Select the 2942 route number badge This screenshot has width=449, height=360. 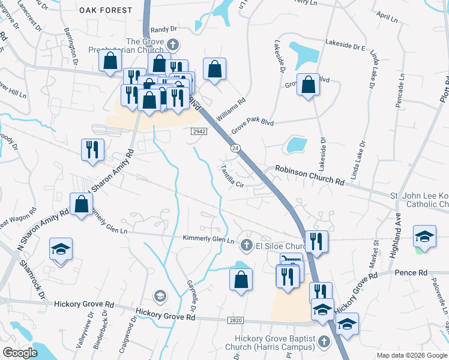click(x=199, y=131)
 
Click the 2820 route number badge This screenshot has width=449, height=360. click(x=235, y=321)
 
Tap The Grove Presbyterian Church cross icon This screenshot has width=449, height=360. click(x=172, y=44)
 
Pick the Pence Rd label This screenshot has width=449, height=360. click(x=409, y=273)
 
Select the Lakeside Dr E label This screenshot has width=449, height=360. click(x=345, y=44)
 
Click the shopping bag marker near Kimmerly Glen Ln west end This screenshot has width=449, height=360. click(x=81, y=204)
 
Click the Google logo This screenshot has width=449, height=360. click(x=20, y=353)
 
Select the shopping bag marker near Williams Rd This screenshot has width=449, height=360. click(x=214, y=69)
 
